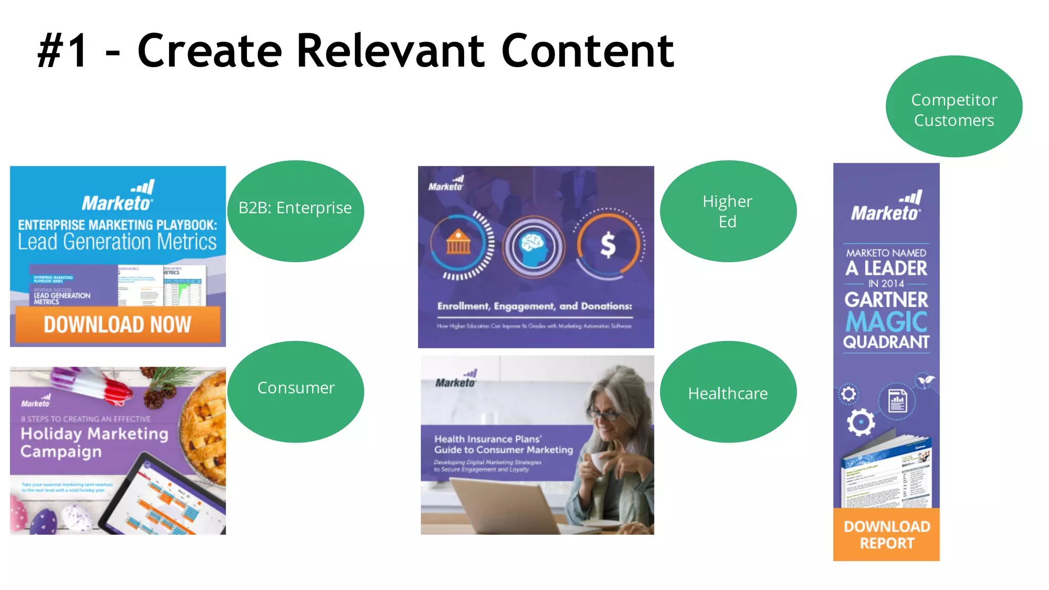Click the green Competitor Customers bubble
(954, 107)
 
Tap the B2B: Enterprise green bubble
(296, 211)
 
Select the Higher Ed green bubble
(728, 211)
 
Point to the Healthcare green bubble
(728, 392)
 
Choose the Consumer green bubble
(296, 392)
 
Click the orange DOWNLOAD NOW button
(117, 324)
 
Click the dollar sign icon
(608, 245)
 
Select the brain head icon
(533, 246)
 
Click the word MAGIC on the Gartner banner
(886, 322)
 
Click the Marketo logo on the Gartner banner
(886, 206)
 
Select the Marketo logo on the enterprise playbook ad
(117, 197)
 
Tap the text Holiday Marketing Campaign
(94, 442)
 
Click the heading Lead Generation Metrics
(117, 242)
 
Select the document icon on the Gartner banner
(897, 401)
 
